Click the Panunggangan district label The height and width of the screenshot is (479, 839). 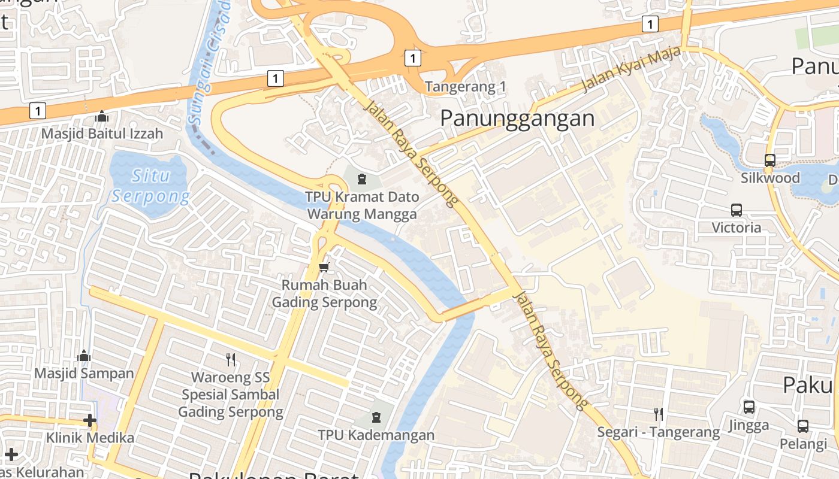tap(517, 119)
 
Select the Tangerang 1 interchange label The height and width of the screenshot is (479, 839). tap(466, 87)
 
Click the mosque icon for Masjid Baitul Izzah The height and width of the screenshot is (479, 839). tap(102, 116)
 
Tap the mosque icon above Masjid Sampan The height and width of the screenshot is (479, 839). tap(84, 356)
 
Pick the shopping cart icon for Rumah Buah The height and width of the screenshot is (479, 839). tap(324, 267)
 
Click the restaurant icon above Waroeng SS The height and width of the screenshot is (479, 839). tap(231, 359)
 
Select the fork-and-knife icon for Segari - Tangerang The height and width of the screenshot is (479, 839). tap(658, 414)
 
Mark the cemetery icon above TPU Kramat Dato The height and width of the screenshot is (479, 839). tap(362, 179)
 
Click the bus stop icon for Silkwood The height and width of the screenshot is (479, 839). tap(770, 160)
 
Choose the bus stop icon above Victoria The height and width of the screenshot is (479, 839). tap(737, 210)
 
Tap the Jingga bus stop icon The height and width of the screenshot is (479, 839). tap(749, 407)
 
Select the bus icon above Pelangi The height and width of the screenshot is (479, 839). tap(803, 426)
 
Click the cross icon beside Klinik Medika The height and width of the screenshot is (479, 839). tap(90, 420)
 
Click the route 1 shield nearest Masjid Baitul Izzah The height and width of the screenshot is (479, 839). tap(38, 111)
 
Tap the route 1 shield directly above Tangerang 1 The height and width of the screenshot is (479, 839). tap(412, 58)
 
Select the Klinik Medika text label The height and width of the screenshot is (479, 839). tap(90, 438)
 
